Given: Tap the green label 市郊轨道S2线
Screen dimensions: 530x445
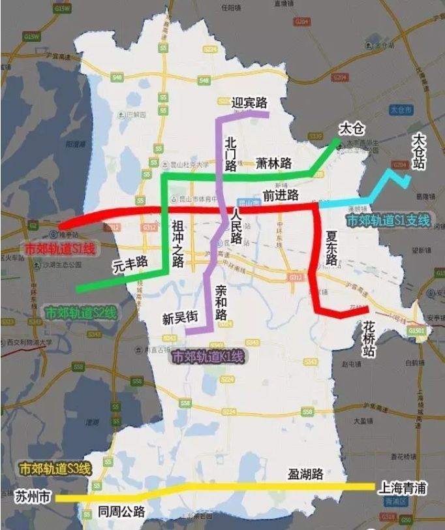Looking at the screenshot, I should [x=81, y=313].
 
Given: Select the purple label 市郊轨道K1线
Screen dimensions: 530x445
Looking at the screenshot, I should [x=207, y=357].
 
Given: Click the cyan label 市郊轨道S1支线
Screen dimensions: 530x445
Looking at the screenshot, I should [x=388, y=221].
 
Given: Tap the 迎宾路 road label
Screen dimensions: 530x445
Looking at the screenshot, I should [x=250, y=102].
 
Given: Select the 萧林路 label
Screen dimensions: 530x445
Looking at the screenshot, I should [x=273, y=163].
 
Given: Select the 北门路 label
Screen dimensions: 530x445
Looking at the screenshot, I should [x=230, y=153].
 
